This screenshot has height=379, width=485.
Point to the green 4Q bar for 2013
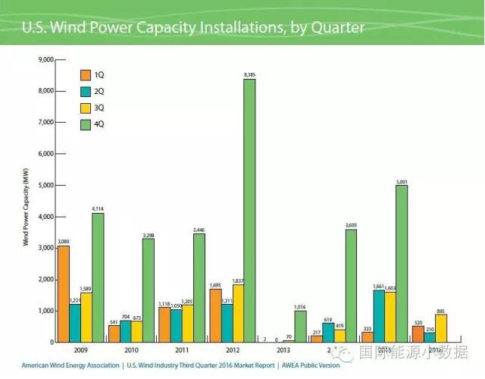[301, 326]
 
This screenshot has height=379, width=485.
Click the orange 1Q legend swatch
[86, 74]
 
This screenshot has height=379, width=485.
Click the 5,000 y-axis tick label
[45, 185]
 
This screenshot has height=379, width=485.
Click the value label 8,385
[249, 74]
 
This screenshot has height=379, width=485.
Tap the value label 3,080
[64, 240]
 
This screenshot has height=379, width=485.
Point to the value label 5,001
[401, 180]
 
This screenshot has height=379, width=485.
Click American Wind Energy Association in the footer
[70, 365]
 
